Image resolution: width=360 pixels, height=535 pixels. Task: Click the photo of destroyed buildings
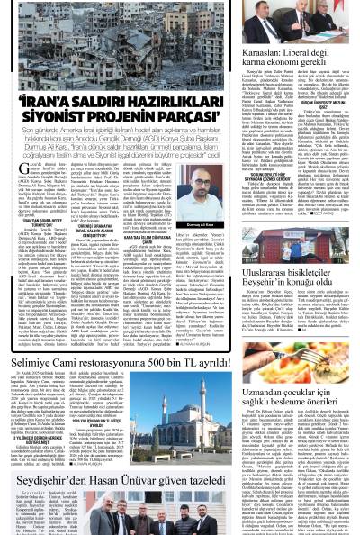coord(126,41)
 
